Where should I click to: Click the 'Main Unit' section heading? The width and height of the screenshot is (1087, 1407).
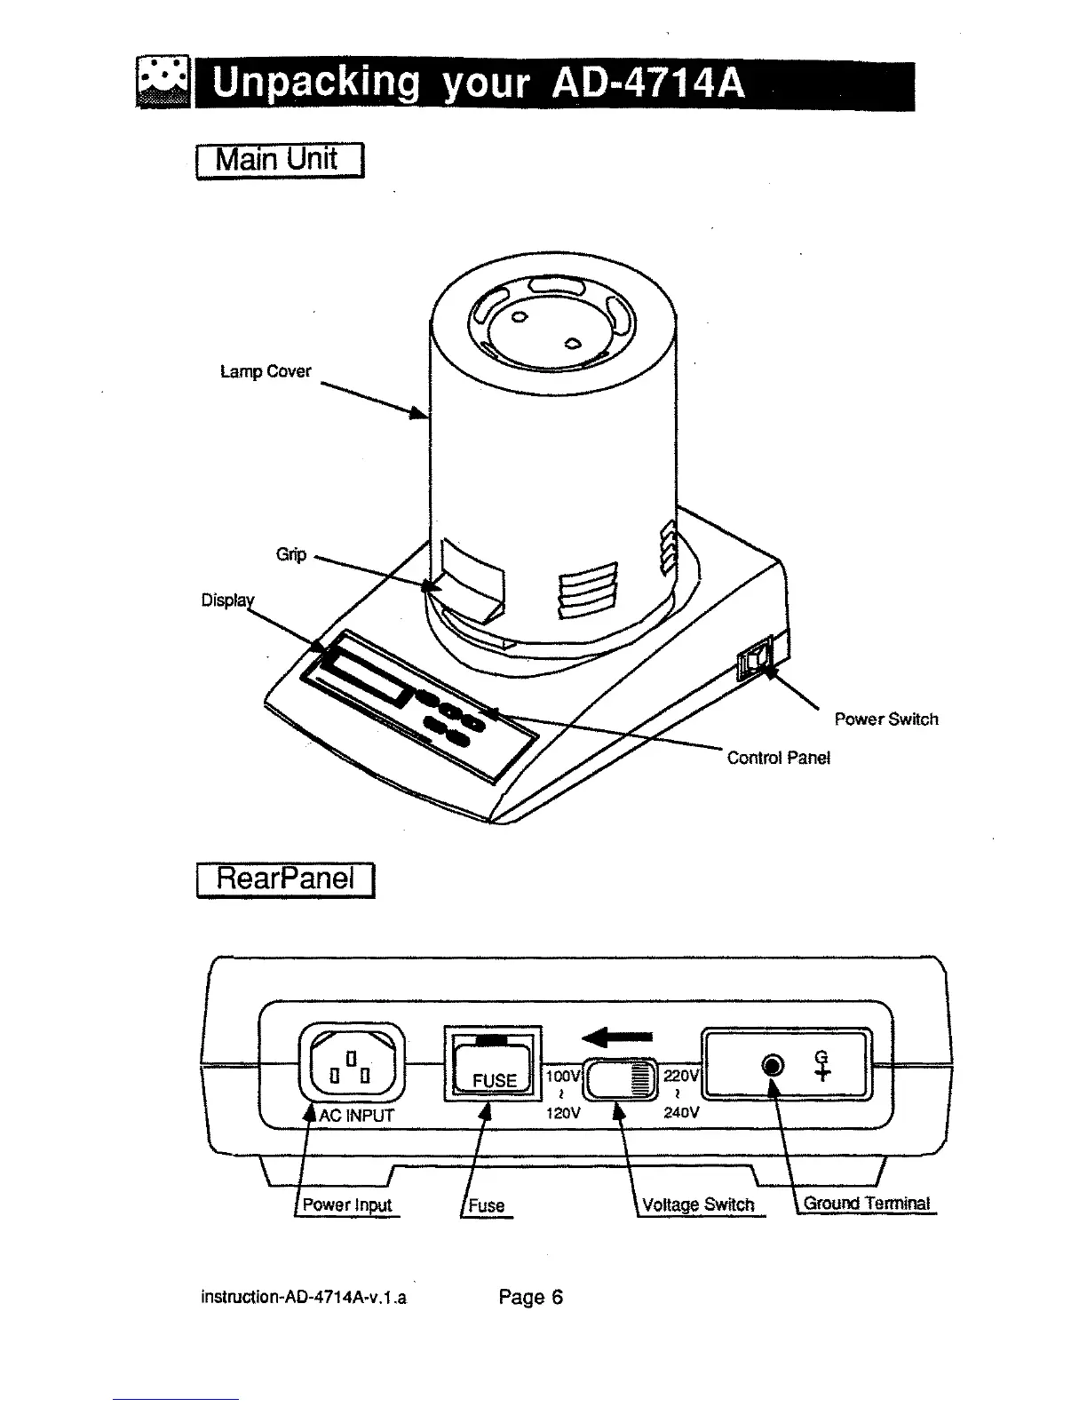[278, 160]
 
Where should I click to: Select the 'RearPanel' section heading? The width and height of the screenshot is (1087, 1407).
[285, 879]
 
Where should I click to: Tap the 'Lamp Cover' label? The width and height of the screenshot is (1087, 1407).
[266, 371]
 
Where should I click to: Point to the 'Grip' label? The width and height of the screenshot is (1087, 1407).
[290, 554]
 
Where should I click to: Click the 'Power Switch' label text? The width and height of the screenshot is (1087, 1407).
[885, 719]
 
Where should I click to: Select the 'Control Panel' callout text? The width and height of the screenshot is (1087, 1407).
[778, 758]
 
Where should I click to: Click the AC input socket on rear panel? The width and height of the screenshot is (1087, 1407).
[352, 1062]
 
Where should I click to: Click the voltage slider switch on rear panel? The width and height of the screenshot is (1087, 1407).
[619, 1080]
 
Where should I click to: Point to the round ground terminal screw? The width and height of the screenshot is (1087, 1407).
[774, 1066]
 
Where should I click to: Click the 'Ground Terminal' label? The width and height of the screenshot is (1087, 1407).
[866, 1204]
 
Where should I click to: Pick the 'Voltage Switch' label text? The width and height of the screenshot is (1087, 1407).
[697, 1204]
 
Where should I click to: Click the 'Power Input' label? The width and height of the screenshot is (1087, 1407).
[346, 1205]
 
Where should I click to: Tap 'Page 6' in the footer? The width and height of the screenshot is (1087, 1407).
[530, 1298]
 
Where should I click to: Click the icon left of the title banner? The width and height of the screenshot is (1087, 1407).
[163, 83]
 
